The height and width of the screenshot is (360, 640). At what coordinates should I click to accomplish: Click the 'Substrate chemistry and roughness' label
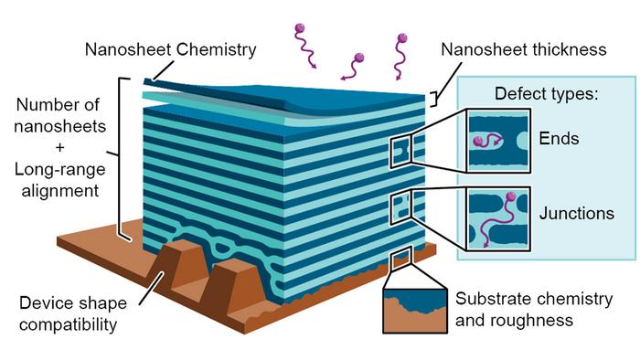tap(512, 310)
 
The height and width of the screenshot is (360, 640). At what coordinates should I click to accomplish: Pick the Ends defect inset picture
tap(498, 141)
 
